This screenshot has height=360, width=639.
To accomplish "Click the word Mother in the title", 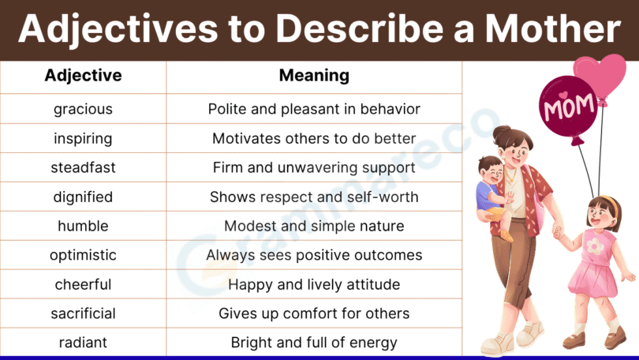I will (x=547, y=29).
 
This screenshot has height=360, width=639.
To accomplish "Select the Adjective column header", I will (x=83, y=76).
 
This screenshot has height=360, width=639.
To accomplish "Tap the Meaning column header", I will (x=314, y=76).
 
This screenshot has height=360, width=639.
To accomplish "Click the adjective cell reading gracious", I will (x=83, y=109).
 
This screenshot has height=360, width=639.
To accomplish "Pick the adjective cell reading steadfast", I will (x=83, y=167).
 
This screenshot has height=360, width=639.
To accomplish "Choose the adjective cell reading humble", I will (x=83, y=226).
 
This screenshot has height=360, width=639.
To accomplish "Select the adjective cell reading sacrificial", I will (x=83, y=313).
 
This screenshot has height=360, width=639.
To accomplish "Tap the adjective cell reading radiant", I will (x=83, y=343).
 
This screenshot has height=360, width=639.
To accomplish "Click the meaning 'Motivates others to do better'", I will (x=314, y=138).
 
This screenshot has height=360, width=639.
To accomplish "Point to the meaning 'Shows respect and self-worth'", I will (x=314, y=197).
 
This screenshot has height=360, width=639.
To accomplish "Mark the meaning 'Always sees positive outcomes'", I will (x=314, y=255).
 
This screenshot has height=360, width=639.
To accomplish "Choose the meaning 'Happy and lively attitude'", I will (x=314, y=284).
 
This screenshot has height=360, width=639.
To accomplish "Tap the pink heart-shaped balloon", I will (x=600, y=75).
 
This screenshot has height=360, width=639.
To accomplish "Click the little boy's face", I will (x=491, y=169).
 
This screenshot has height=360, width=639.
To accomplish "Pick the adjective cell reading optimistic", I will (x=83, y=255).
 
